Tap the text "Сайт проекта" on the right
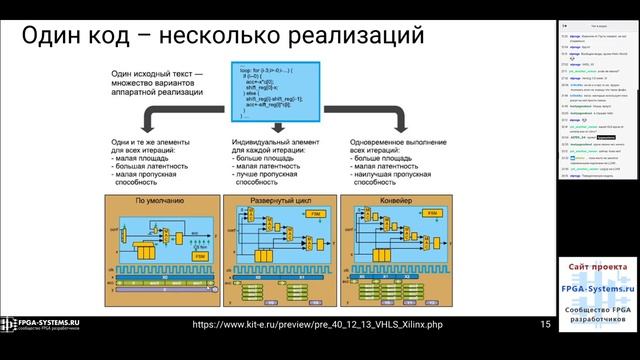coord(598,269)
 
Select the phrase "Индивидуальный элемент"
coord(274,144)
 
